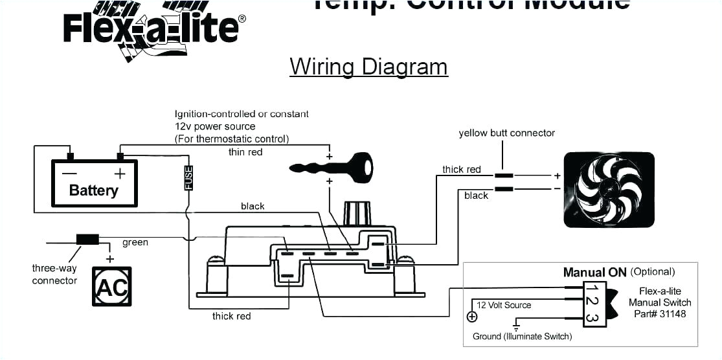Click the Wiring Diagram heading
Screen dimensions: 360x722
pyautogui.click(x=368, y=67)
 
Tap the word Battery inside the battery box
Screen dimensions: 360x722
pyautogui.click(x=94, y=190)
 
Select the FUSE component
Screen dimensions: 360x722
pyautogui.click(x=188, y=177)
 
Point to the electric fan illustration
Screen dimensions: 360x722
pyautogui.click(x=609, y=189)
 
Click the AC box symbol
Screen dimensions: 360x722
pyautogui.click(x=111, y=286)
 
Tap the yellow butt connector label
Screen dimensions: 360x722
pyautogui.click(x=506, y=133)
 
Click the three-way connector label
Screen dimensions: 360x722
pyautogui.click(x=54, y=275)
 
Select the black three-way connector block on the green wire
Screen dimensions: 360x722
pyautogui.click(x=87, y=240)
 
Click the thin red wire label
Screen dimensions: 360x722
pyautogui.click(x=245, y=152)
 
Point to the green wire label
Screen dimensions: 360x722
pyautogui.click(x=135, y=243)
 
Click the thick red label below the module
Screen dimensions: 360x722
pyautogui.click(x=231, y=316)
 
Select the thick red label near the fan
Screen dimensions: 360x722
pyautogui.click(x=461, y=170)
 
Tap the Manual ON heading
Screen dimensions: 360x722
pyautogui.click(x=594, y=273)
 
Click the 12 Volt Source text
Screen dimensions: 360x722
pyautogui.click(x=504, y=305)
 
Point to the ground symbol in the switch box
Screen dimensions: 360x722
pyautogui.click(x=517, y=322)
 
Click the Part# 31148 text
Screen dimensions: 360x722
pyautogui.click(x=660, y=314)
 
